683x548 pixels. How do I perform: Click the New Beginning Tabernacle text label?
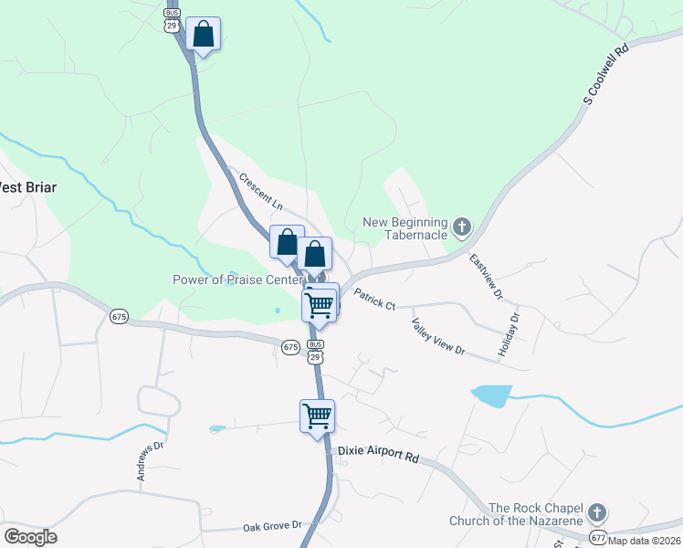pos(405,228)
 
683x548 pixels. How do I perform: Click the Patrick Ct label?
pos(374,300)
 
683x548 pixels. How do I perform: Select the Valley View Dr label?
pos(438,339)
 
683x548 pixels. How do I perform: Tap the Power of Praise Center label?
pos(238,279)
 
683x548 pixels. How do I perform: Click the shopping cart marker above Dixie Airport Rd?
pos(317,416)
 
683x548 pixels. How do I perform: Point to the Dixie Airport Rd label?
pos(378,452)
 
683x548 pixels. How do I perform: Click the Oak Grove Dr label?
pos(272,526)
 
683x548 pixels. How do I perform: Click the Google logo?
pos(30,537)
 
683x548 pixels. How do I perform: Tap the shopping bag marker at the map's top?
pos(203,35)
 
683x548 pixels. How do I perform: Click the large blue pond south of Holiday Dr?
pos(490,395)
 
